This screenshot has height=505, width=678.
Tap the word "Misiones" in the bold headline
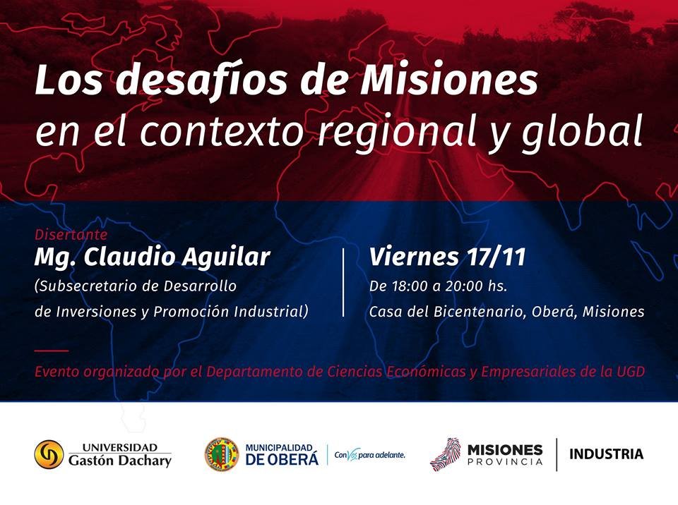pos(449,79)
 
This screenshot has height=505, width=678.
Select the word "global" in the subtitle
pos(582,130)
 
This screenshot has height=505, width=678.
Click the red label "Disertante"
pos(71,235)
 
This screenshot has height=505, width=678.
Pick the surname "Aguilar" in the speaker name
pos(226,257)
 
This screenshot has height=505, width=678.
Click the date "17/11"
pos(496,257)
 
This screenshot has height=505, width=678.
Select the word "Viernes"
pos(414,257)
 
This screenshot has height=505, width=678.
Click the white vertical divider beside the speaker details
pos(343,283)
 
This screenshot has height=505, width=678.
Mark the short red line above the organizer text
pos(52,351)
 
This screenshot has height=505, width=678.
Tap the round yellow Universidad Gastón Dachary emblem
pos(49,454)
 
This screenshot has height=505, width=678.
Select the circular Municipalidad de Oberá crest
pos(222,454)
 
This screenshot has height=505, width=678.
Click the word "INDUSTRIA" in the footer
pos(606,454)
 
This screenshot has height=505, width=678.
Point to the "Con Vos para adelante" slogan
pos(369,454)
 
